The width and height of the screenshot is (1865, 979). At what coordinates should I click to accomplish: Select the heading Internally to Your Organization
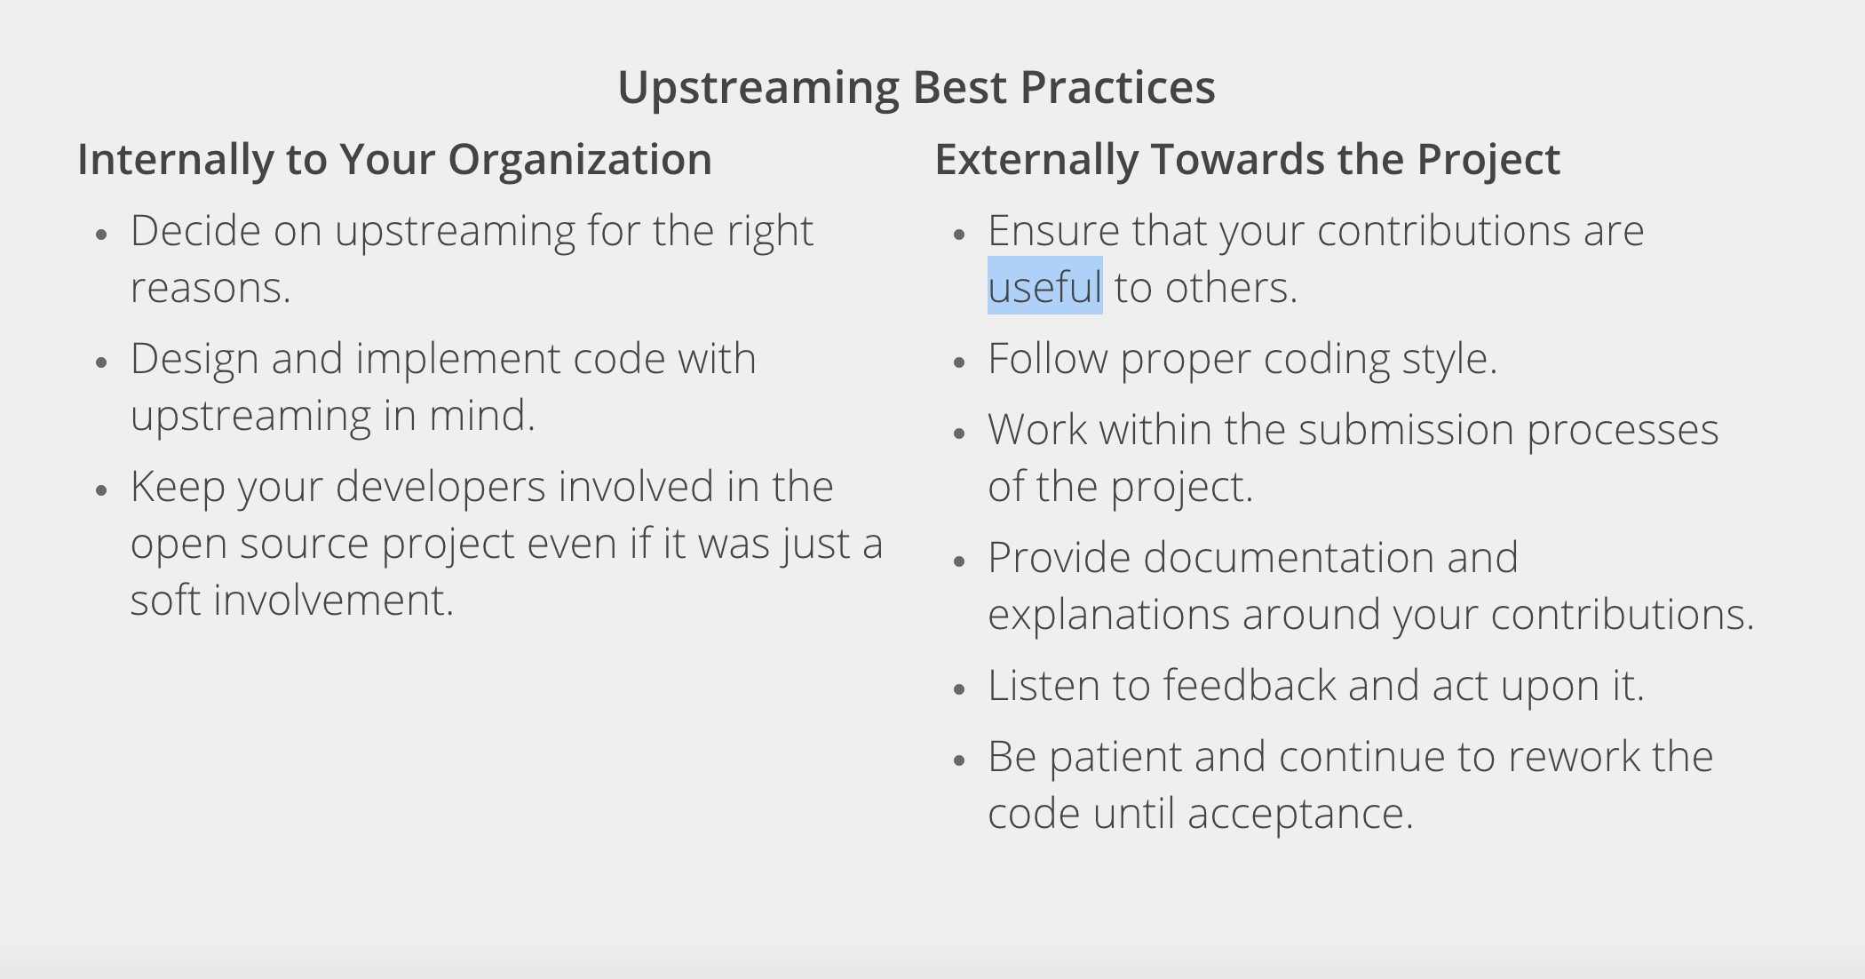[x=395, y=160]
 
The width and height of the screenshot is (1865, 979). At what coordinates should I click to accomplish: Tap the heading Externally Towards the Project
[x=1248, y=160]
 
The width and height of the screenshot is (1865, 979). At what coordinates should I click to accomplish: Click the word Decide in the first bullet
[x=195, y=231]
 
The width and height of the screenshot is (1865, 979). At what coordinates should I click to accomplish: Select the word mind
[x=482, y=416]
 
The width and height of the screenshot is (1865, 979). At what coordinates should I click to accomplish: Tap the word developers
[x=440, y=488]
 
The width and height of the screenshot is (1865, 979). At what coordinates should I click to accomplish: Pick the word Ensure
[x=1054, y=231]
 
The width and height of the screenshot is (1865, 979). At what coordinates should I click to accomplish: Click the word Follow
[x=1048, y=359]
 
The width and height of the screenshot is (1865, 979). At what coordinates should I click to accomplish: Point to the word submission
[x=1406, y=430]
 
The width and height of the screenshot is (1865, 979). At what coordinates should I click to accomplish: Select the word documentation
[x=1289, y=558]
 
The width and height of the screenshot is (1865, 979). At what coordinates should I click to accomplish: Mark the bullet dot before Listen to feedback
[x=958, y=688]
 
